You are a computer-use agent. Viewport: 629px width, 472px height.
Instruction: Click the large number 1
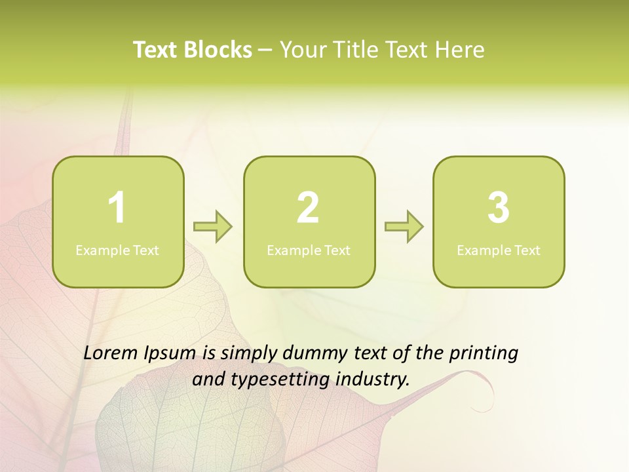tap(117, 208)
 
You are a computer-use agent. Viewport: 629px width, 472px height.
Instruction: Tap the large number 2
tap(308, 208)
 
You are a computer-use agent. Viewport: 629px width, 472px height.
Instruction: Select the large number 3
tap(499, 208)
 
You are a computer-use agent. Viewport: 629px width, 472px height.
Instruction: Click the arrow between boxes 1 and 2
tap(213, 227)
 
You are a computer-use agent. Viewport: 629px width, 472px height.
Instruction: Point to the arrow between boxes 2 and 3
tap(404, 227)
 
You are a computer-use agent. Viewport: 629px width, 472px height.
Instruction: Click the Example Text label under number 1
tap(117, 250)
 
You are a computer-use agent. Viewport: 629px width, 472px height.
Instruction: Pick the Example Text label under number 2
tap(309, 250)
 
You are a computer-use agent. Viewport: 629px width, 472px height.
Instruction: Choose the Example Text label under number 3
tap(499, 250)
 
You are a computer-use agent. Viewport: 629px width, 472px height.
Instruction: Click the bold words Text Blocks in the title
tap(193, 50)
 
